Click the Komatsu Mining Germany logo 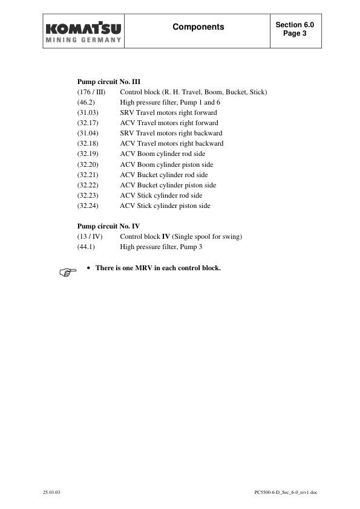tap(83, 32)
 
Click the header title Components tap(198, 27)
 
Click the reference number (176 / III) tap(91, 92)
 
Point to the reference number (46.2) tap(88, 102)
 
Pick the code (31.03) tap(89, 112)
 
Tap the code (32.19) tap(89, 154)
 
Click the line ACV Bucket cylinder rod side tap(163, 175)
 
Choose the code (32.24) tap(89, 206)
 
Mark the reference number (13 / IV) tap(90, 236)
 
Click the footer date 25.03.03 tap(51, 493)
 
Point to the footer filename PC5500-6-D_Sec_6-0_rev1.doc tap(286, 493)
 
